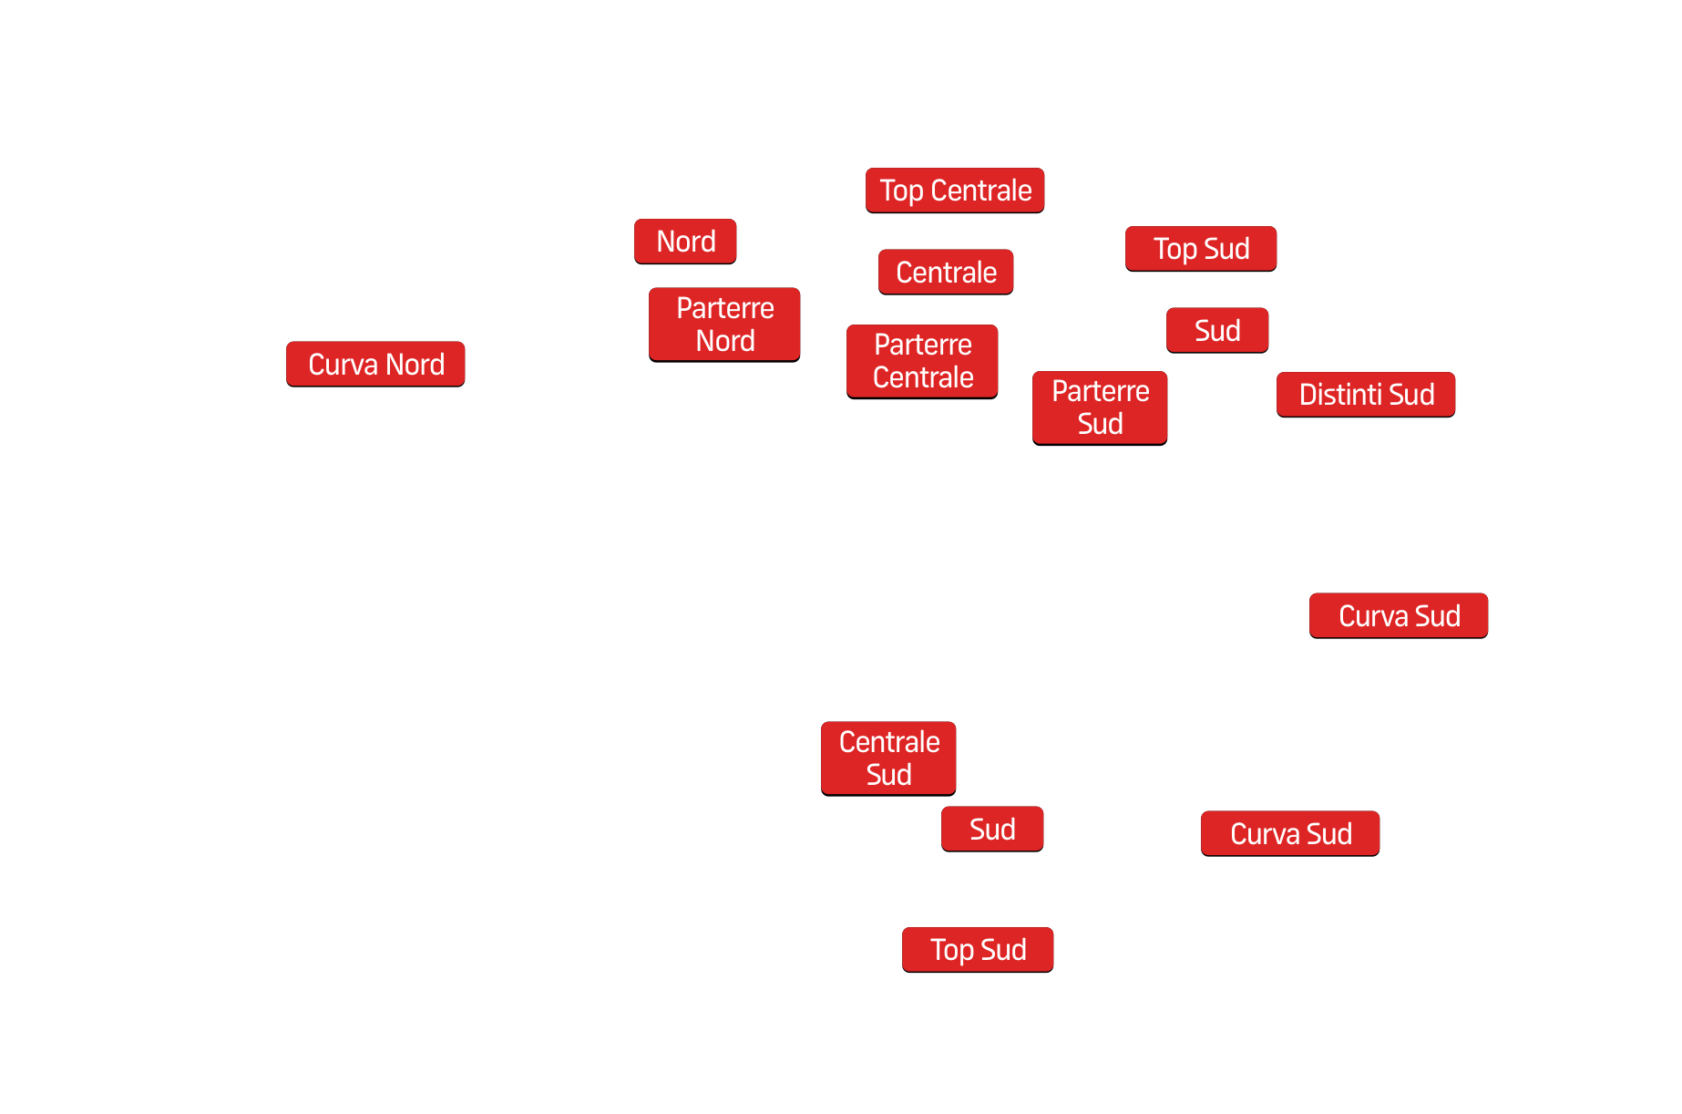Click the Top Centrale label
tap(955, 191)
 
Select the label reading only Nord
tap(685, 242)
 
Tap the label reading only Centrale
tap(946, 272)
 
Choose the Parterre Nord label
tap(724, 325)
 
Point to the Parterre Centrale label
tap(922, 361)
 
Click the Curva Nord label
tap(375, 365)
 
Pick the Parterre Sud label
tap(1100, 407)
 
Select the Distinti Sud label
tap(1366, 395)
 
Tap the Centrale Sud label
tap(888, 758)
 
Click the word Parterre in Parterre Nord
tap(725, 308)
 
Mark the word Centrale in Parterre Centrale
tap(923, 377)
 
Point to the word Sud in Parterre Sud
tap(1100, 424)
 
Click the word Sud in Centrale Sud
tap(888, 775)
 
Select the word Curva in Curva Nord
tap(343, 365)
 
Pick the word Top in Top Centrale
tap(901, 191)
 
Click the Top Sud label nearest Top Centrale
tap(1201, 249)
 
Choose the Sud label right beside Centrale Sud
tap(992, 830)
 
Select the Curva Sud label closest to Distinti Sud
tap(1399, 616)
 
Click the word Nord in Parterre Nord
tap(725, 341)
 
